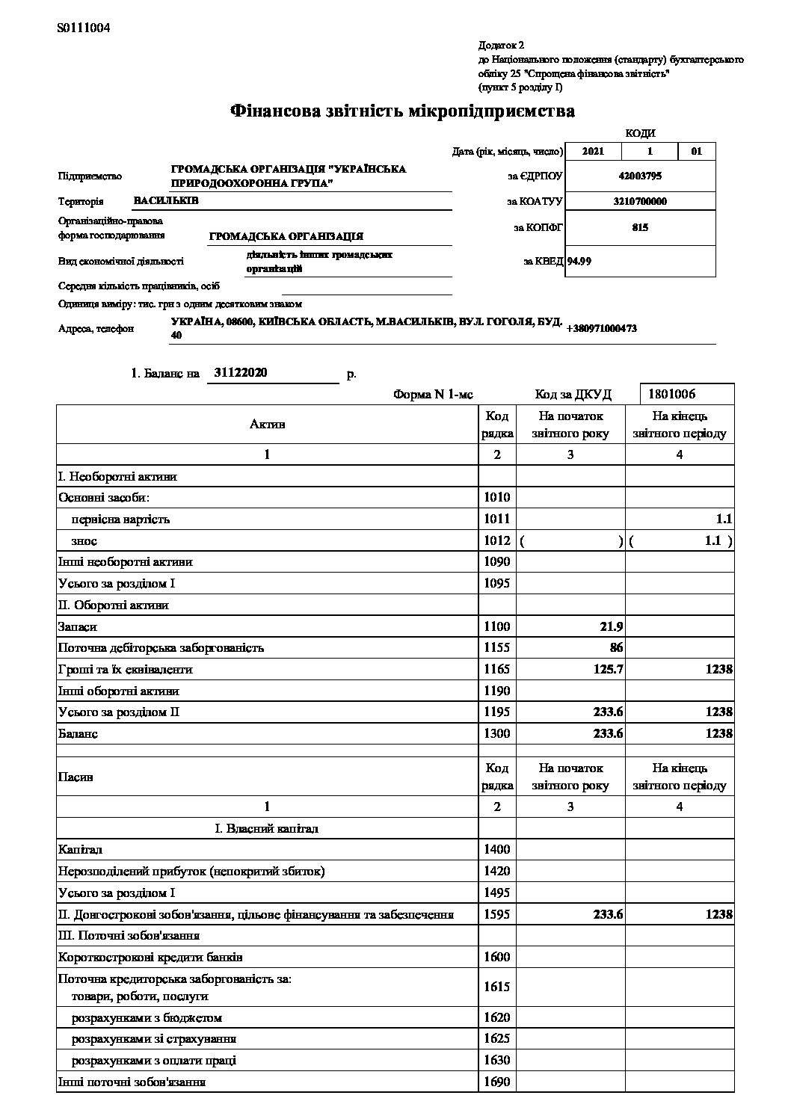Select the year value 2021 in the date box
[592, 152]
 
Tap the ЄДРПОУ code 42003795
[639, 176]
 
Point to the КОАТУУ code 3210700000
[639, 201]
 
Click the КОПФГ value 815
[639, 227]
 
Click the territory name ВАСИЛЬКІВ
[166, 200]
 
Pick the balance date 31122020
[241, 372]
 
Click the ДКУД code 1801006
[671, 394]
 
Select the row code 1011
[497, 519]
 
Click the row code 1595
[497, 914]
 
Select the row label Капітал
[80, 850]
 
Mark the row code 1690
[497, 1082]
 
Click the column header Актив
[267, 425]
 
